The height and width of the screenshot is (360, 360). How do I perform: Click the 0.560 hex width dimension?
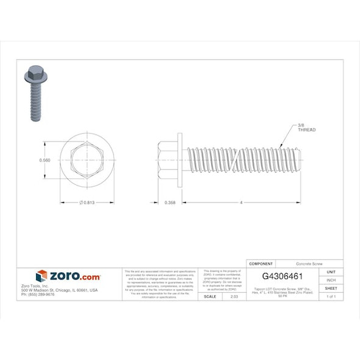[x=44, y=160]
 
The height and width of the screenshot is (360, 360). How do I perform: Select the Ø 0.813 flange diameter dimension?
[x=86, y=203]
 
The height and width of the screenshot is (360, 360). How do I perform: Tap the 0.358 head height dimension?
[x=171, y=203]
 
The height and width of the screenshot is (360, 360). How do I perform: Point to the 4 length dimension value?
[x=242, y=203]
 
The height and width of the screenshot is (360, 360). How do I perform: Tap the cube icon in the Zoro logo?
[x=41, y=276]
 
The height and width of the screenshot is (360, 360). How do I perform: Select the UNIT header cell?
[x=331, y=272]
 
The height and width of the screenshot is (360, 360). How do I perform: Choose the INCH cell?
[x=331, y=280]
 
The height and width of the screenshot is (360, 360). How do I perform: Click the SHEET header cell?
[x=331, y=288]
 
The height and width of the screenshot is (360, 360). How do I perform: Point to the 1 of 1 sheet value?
[x=331, y=296]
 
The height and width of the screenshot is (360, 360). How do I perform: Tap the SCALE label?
[x=209, y=296]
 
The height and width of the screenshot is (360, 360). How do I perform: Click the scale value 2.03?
[x=234, y=296]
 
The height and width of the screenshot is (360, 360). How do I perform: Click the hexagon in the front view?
[x=86, y=160]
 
